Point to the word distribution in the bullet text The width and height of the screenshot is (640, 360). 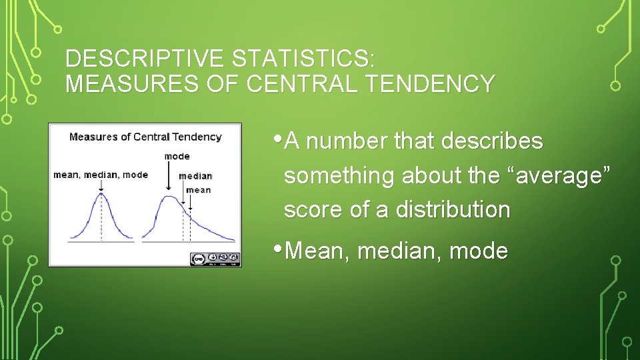(453, 209)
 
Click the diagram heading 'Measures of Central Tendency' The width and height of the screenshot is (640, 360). (145, 137)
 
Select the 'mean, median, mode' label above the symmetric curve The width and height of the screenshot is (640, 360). (101, 175)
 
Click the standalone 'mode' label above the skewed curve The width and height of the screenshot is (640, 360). (177, 156)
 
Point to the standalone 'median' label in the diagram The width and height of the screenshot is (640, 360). (195, 176)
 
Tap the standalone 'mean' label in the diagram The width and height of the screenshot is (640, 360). (198, 190)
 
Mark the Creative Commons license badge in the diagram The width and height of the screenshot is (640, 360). (215, 257)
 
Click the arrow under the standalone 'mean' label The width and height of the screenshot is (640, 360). (191, 203)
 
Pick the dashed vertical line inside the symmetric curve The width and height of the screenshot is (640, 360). (101, 220)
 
